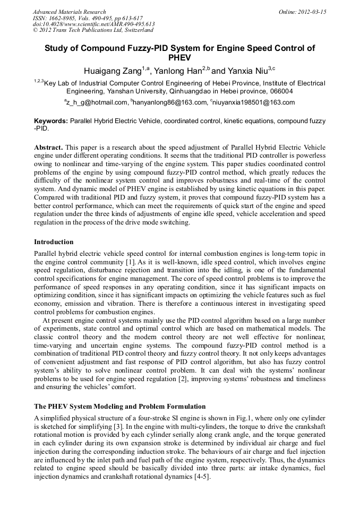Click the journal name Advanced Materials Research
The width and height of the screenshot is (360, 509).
pyautogui.click(x=69, y=12)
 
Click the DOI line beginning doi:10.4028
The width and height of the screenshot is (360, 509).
pyautogui.click(x=93, y=24)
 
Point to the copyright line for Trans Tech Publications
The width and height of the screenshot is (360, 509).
pyautogui.click(x=93, y=30)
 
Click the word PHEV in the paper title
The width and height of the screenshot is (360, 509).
pyautogui.click(x=179, y=58)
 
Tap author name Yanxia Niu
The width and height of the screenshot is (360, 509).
pyautogui.click(x=249, y=71)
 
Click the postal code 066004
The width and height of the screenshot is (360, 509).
pyautogui.click(x=278, y=91)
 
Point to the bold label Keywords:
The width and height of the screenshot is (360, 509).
pyautogui.click(x=51, y=121)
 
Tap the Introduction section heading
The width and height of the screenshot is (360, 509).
pyautogui.click(x=54, y=242)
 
